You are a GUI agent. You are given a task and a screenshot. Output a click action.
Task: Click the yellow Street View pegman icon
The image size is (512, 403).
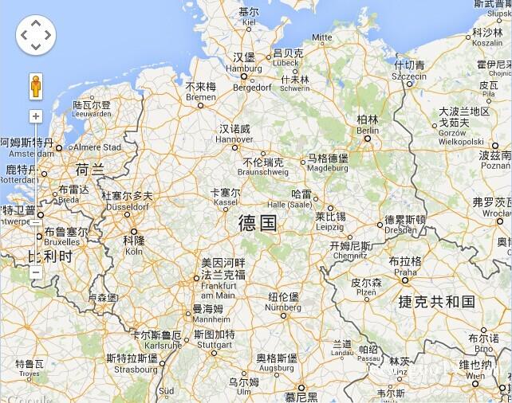pos(35,86)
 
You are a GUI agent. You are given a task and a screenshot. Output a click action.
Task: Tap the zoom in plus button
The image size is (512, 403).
pos(35,116)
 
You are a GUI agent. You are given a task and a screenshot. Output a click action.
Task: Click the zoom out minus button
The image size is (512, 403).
pos(35,272)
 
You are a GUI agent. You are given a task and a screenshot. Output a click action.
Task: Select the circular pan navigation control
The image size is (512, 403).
pos(35,35)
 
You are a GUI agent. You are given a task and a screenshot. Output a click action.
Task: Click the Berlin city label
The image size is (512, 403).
pos(368,125)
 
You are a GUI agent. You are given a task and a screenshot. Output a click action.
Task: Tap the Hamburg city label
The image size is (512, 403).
pos(243,63)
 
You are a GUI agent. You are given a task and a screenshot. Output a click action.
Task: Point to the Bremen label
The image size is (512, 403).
pos(200,92)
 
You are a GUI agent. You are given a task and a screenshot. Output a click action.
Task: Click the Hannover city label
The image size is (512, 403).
pos(234,134)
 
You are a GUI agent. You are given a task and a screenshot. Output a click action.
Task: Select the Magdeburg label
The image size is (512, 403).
pos(328,162)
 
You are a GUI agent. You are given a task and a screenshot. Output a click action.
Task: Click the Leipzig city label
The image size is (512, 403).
pos(329,221)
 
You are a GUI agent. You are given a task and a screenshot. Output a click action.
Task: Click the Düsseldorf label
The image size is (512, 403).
pos(127,201)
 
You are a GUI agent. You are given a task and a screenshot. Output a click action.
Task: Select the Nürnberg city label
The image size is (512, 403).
pos(283,302)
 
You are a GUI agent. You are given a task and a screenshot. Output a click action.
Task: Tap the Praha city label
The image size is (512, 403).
pos(405,266)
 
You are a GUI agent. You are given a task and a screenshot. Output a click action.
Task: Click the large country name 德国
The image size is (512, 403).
pos(258,223)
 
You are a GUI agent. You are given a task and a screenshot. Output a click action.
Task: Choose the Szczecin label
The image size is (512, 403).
pos(409,70)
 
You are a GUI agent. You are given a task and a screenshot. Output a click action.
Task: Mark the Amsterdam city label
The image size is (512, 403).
pos(26,147)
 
